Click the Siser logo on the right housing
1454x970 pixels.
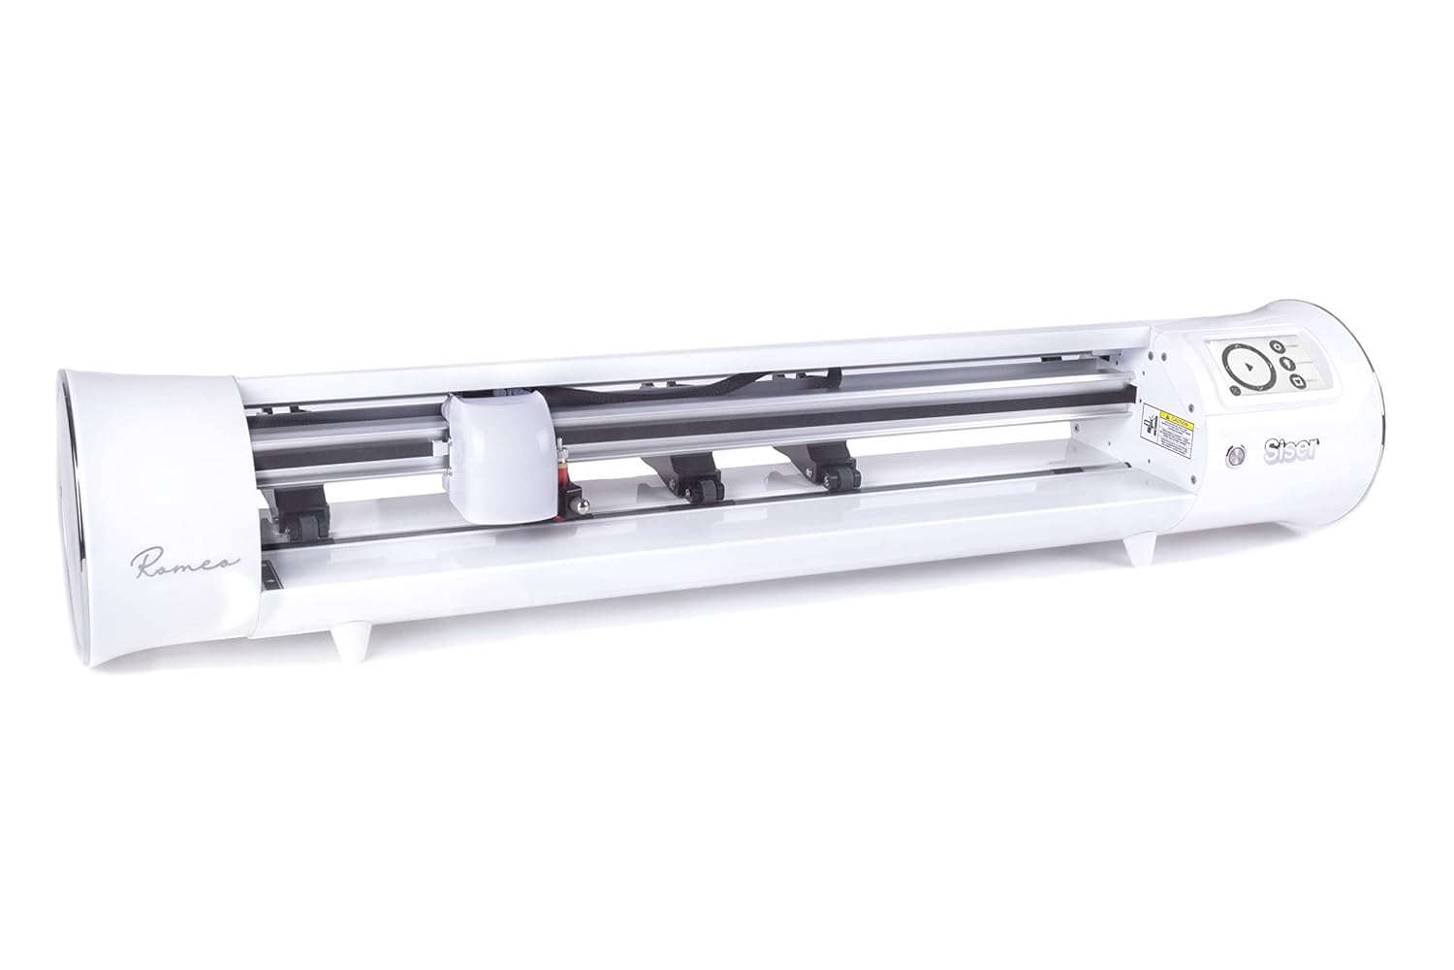[x=1281, y=451]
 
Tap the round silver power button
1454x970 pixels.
[x=1238, y=455]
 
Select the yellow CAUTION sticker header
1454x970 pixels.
[x=1174, y=413]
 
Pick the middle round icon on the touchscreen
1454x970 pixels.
[x=1284, y=364]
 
